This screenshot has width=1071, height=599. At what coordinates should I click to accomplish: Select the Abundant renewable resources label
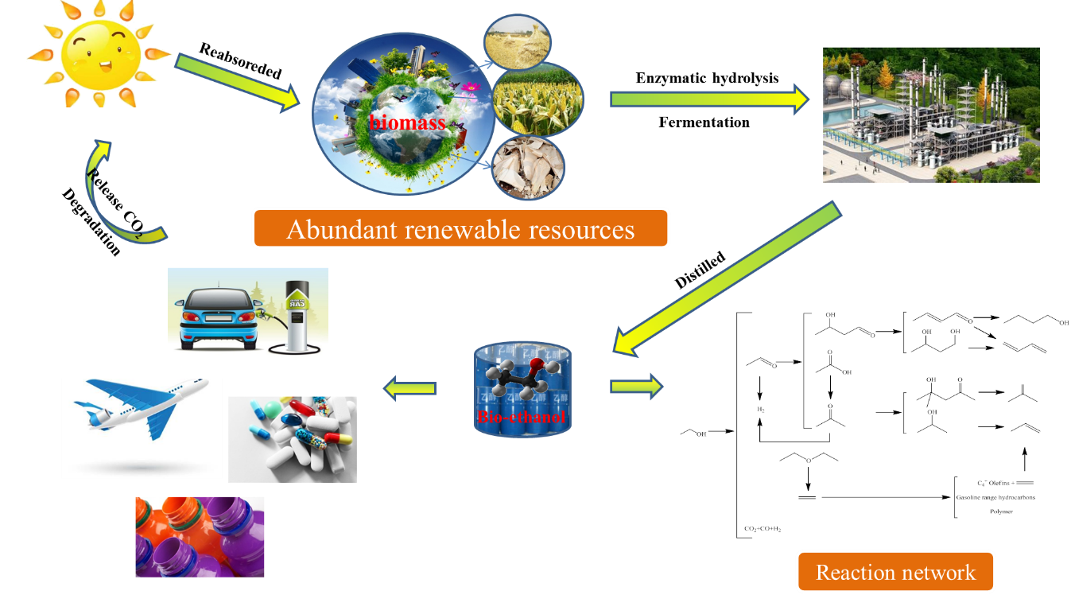[460, 229]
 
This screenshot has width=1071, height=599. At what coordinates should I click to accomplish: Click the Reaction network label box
[895, 572]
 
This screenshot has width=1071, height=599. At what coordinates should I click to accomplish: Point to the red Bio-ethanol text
[522, 417]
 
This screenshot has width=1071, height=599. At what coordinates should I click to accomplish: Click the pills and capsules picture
[292, 439]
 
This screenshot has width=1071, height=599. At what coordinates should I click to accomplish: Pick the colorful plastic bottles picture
[200, 536]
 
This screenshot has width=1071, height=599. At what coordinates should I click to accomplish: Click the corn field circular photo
[538, 99]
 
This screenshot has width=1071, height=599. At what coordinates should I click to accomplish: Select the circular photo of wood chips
[528, 168]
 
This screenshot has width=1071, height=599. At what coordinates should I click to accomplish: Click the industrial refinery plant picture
[930, 115]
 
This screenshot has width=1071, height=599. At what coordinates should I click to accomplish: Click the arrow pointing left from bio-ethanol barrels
[410, 388]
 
